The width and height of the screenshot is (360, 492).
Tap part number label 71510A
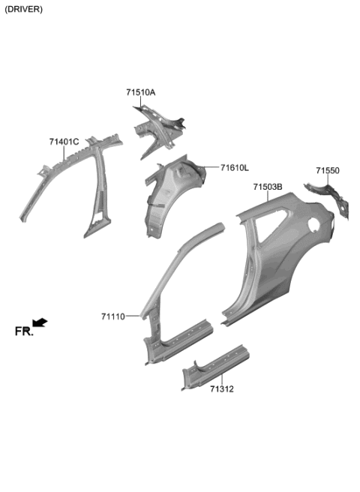(x=140, y=92)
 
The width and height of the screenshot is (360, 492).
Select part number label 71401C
(x=64, y=142)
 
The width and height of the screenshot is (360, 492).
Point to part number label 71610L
(x=235, y=168)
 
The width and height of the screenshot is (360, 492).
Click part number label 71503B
(x=267, y=187)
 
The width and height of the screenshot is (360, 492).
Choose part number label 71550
(x=327, y=171)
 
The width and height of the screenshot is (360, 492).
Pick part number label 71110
(x=113, y=316)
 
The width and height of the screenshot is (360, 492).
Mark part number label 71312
(x=222, y=388)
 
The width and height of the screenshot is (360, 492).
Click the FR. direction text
(x=24, y=331)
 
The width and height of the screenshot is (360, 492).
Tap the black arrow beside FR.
(x=40, y=322)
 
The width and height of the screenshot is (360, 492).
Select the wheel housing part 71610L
(x=169, y=195)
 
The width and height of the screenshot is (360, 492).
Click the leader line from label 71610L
(x=210, y=168)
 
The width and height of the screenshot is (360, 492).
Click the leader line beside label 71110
(x=133, y=316)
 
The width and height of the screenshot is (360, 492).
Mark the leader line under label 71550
(x=327, y=181)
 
